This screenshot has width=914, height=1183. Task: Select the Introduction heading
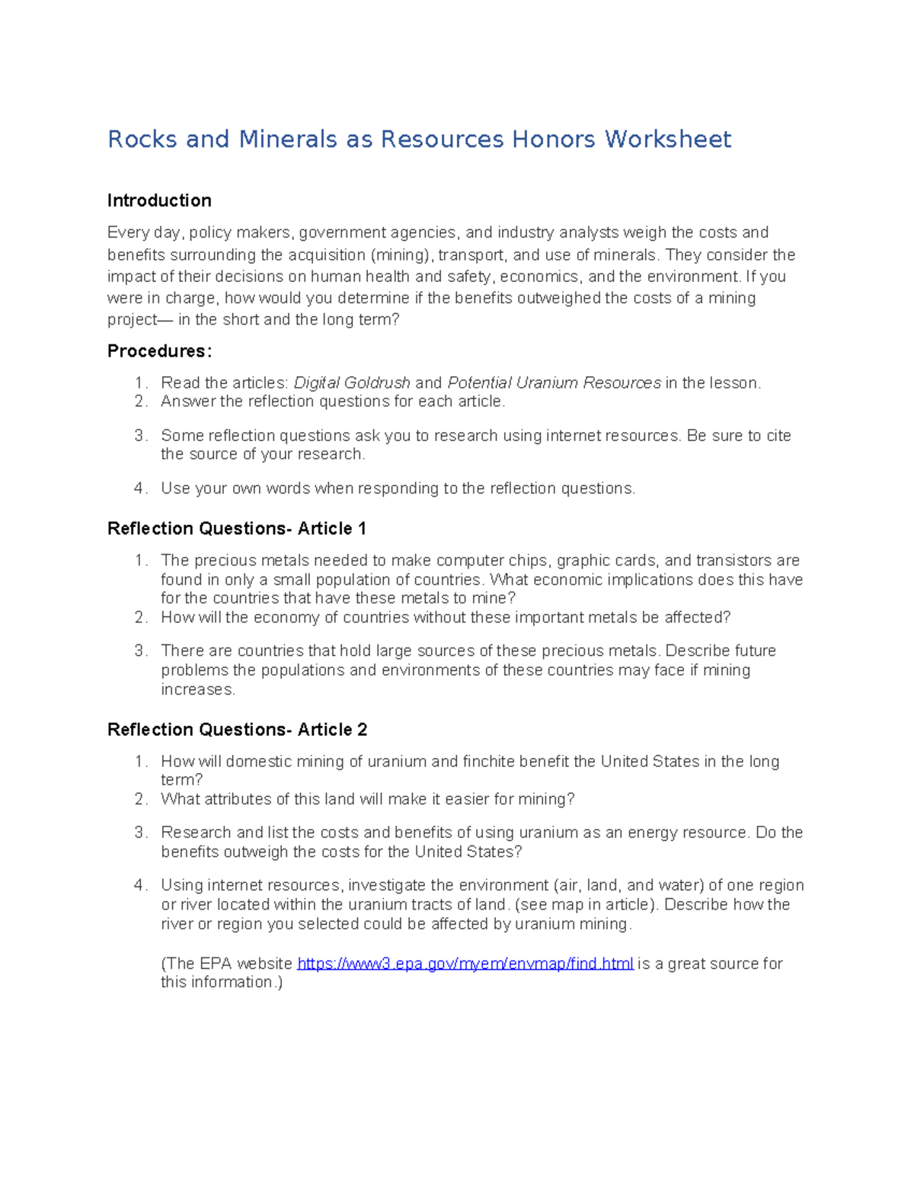[159, 200]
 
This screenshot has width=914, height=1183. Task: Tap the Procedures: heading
[159, 351]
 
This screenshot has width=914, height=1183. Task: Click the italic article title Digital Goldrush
[352, 383]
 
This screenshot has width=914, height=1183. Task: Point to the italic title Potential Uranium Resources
[554, 383]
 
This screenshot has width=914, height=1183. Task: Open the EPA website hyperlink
[465, 964]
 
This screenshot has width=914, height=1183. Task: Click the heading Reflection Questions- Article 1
[237, 529]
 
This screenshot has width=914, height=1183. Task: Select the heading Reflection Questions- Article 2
[237, 730]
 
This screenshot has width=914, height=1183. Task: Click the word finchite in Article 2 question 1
[489, 762]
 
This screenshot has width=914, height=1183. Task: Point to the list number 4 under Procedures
[140, 488]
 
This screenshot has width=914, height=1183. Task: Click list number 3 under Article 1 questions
[140, 651]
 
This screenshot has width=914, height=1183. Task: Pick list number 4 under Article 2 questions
[140, 885]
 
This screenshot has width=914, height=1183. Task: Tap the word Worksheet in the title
[668, 139]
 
